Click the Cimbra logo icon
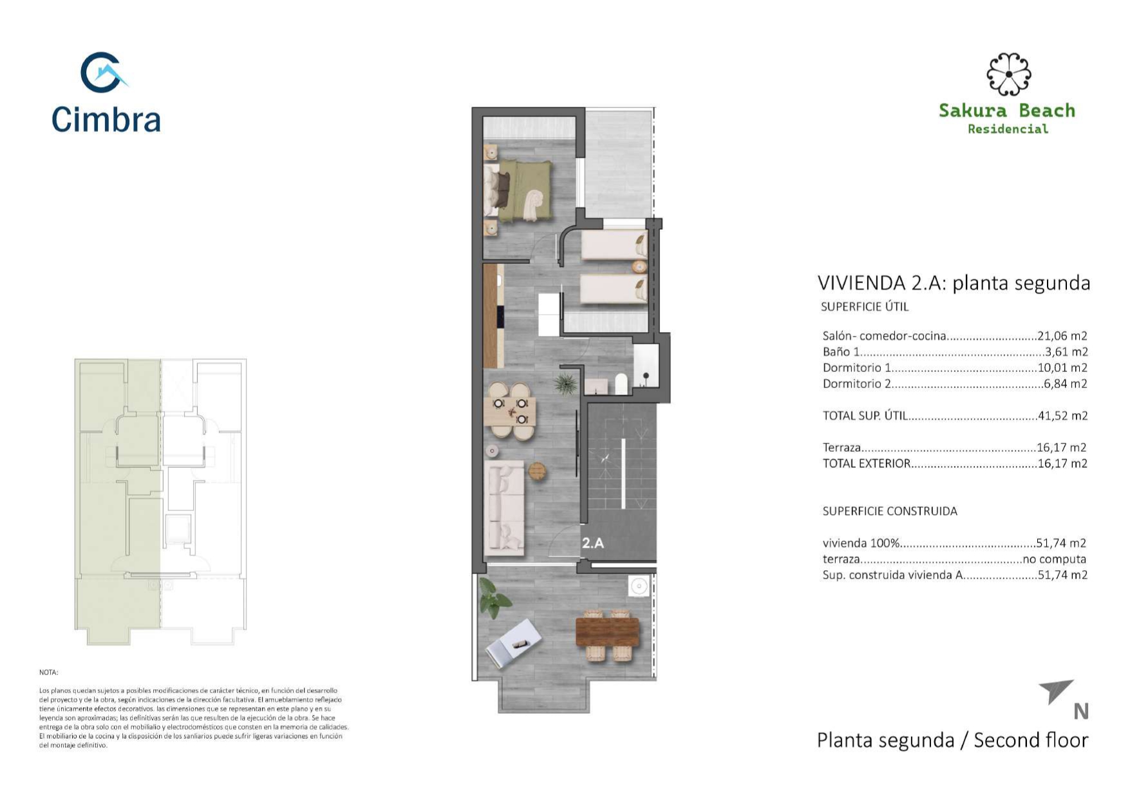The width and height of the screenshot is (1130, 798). (x=103, y=72)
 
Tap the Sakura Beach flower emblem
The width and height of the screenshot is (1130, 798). (x=1008, y=74)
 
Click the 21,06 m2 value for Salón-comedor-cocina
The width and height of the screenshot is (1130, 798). (x=1062, y=335)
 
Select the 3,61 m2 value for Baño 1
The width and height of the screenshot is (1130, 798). (x=1066, y=351)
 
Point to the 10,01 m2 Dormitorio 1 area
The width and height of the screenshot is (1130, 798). (x=1062, y=367)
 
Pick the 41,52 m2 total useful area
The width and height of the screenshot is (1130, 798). (x=1062, y=416)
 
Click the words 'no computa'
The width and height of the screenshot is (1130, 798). (x=1054, y=559)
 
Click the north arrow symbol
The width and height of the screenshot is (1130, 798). (x=1056, y=691)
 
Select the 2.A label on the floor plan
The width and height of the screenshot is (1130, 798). (x=593, y=543)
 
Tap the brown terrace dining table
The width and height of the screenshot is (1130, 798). (x=607, y=632)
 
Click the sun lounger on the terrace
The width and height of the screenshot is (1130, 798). (x=514, y=642)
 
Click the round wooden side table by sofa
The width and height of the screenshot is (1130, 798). (x=538, y=472)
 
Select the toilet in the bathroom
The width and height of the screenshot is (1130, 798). (x=621, y=384)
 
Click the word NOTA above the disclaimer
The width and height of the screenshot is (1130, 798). (x=48, y=673)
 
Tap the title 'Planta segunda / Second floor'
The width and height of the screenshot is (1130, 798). (x=952, y=740)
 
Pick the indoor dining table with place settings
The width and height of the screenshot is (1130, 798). (x=511, y=412)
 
